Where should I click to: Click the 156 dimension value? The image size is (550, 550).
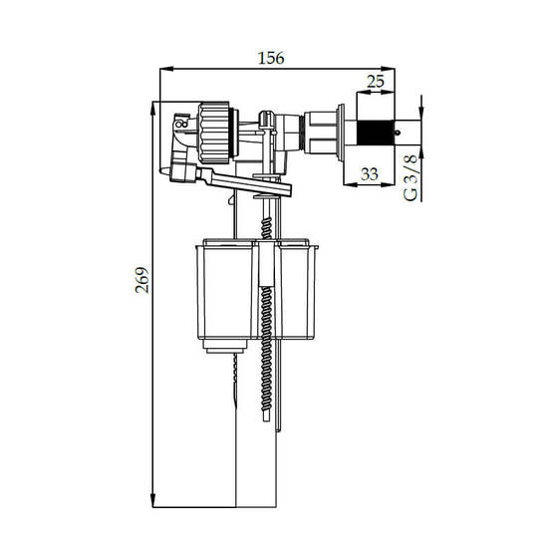271,58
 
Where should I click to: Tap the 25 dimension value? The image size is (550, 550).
376,82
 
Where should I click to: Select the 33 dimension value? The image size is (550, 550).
370,174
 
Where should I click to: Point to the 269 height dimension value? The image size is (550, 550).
142,280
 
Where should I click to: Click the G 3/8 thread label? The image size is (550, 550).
411,177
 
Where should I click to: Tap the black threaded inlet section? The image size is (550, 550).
375,133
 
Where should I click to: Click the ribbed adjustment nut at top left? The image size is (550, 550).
214,133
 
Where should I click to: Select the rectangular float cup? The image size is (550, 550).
257,290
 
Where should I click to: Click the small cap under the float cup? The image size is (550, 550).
225,346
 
